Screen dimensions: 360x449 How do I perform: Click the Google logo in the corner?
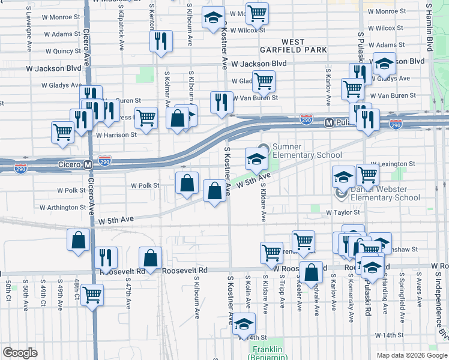(20, 353)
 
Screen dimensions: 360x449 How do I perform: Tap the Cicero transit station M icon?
(88, 164)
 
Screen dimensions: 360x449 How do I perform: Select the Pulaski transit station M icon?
(328, 122)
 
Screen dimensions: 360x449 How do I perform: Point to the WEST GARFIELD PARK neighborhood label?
(294, 46)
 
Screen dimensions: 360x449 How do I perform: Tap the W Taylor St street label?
(343, 212)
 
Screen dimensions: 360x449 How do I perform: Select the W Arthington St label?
(63, 208)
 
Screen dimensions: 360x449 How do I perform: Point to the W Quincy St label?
(62, 51)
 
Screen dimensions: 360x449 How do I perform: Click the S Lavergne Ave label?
(29, 35)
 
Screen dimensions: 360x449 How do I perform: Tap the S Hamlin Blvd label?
(429, 27)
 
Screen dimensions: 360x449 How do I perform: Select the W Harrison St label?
(116, 135)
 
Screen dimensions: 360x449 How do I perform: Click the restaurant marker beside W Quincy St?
(161, 41)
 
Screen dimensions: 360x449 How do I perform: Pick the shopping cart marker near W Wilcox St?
(258, 13)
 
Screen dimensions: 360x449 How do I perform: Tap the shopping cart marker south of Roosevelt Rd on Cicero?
(92, 295)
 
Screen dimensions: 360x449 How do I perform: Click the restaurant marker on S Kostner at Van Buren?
(221, 101)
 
